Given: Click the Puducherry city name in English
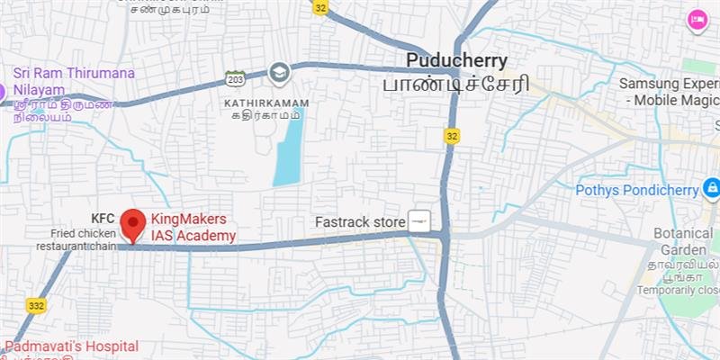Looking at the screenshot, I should tap(457, 61).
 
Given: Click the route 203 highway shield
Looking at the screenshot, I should tap(236, 78).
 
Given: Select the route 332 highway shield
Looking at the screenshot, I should tap(36, 306).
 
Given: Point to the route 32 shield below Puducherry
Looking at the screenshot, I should tap(453, 135).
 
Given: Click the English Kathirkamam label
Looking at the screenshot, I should tap(265, 103).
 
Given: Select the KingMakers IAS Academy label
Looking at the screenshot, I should tap(193, 228).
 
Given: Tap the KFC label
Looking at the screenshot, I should tap(103, 219).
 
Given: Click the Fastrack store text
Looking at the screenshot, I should tap(359, 221).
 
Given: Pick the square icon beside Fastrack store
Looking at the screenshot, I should tap(419, 220).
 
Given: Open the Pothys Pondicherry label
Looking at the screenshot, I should tap(637, 190).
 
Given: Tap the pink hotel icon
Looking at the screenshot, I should tap(697, 20).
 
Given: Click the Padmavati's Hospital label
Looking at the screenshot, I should tap(72, 346).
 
